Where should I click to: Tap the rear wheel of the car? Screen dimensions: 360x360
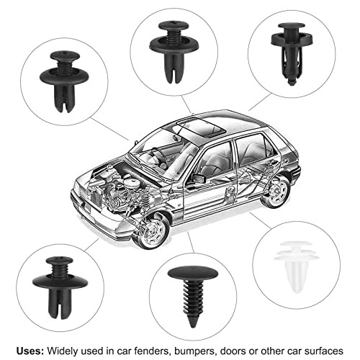pos(275,191)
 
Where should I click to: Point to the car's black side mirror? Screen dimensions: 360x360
pos(197,178)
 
